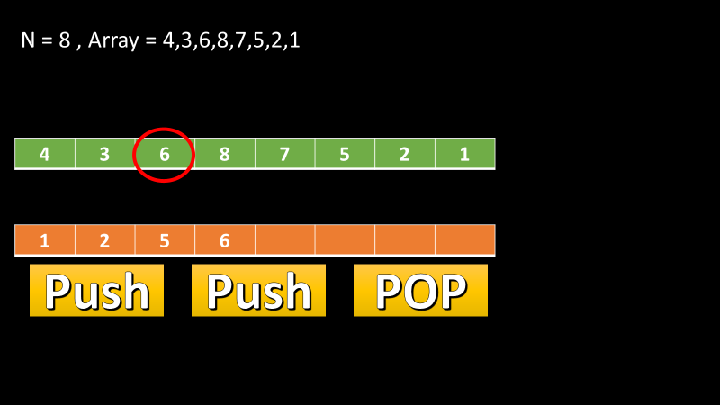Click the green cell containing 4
[45, 154]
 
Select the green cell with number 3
[104, 154]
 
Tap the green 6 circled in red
[165, 154]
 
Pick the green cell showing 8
[225, 154]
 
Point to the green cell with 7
[284, 154]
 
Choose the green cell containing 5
[345, 154]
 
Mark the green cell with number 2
[404, 154]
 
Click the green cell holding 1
[464, 154]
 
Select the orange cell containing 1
[45, 240]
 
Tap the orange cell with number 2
[104, 240]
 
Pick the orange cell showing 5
[165, 240]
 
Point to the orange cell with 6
[225, 240]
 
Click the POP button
[420, 291]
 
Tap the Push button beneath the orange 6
[258, 291]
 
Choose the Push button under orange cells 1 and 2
[97, 291]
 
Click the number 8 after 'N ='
[65, 41]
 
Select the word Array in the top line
[116, 41]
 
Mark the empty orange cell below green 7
[284, 240]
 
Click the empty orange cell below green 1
[464, 240]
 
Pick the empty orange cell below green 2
[404, 240]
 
